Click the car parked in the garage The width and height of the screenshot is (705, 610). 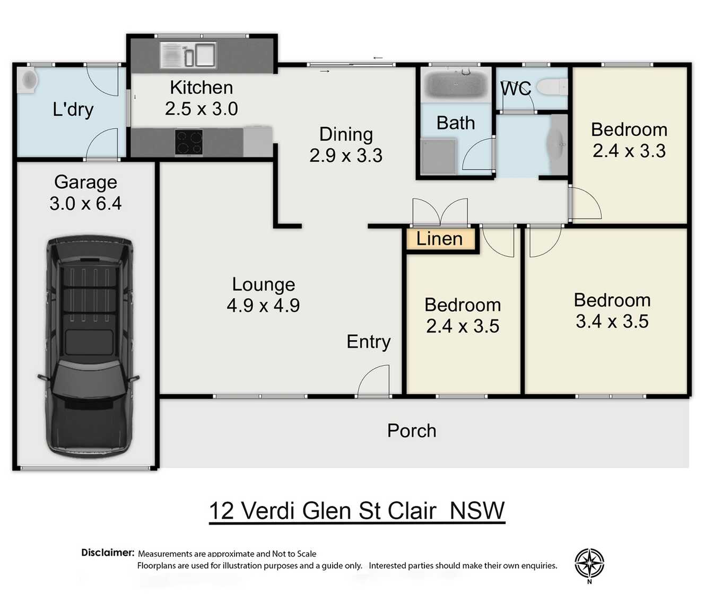[89, 347]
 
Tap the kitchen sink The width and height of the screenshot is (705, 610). [188, 55]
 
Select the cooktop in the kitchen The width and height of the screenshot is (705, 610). [189, 143]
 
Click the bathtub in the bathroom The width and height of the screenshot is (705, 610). [456, 84]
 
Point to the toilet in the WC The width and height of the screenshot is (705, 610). [552, 86]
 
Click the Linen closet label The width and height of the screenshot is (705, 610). [439, 239]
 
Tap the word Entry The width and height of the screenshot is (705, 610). [369, 342]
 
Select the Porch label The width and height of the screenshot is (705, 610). [412, 431]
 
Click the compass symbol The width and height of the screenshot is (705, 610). [589, 563]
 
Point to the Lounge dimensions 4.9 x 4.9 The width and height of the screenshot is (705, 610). [263, 306]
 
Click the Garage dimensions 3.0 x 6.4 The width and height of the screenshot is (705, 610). [85, 204]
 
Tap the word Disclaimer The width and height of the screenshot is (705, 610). [108, 552]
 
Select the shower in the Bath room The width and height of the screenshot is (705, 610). [438, 156]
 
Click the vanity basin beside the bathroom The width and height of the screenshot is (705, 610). [557, 144]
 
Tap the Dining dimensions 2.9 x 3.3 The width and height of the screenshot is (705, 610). [346, 155]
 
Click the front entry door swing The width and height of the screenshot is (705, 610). [375, 381]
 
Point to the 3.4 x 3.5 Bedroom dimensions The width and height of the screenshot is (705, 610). [612, 321]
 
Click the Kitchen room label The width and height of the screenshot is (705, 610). [201, 88]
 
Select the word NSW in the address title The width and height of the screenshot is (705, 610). [477, 511]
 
